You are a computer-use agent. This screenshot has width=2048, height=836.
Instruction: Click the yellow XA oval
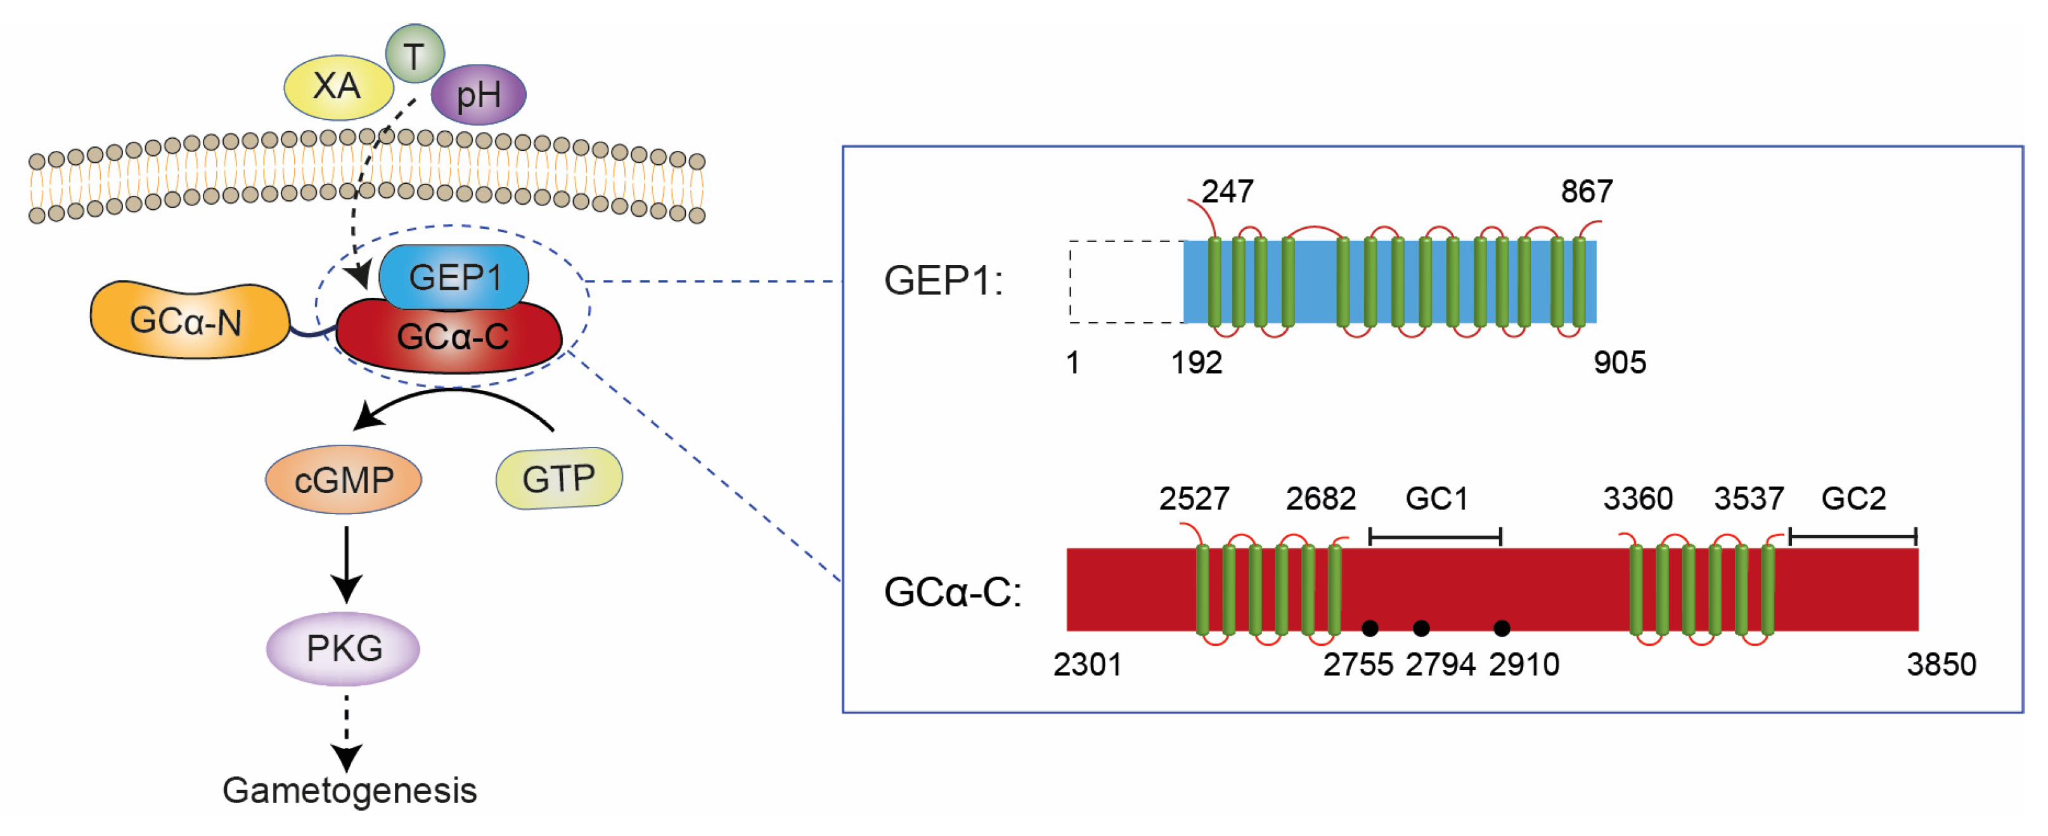click(x=338, y=87)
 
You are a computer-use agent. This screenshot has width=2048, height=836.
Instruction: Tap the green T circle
click(x=414, y=54)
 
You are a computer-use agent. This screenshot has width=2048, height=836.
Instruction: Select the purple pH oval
click(x=478, y=95)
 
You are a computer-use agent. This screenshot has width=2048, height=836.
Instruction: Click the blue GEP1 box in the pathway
click(x=454, y=276)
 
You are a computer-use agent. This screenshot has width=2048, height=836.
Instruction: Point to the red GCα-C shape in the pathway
click(x=450, y=340)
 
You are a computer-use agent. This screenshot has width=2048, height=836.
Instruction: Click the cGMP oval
click(x=344, y=480)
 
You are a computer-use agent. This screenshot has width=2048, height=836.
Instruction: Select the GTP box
click(x=559, y=479)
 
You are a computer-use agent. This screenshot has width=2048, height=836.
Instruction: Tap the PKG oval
click(x=344, y=648)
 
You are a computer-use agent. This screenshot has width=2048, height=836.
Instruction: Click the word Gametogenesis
click(x=349, y=790)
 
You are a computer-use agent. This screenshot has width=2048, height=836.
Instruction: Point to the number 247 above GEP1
click(x=1227, y=191)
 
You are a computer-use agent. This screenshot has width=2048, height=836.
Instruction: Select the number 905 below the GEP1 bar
click(x=1620, y=363)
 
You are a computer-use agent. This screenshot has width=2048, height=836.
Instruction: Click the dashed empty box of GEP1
click(x=1125, y=281)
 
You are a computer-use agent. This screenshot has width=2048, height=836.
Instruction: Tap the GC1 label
click(x=1436, y=498)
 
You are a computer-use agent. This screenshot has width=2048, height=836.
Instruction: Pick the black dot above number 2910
click(x=1501, y=629)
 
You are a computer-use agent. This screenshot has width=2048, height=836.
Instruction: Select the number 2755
click(x=1357, y=664)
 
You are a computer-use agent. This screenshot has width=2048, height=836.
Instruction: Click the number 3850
click(x=1941, y=664)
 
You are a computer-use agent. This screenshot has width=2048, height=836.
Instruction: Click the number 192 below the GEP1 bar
click(x=1195, y=363)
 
